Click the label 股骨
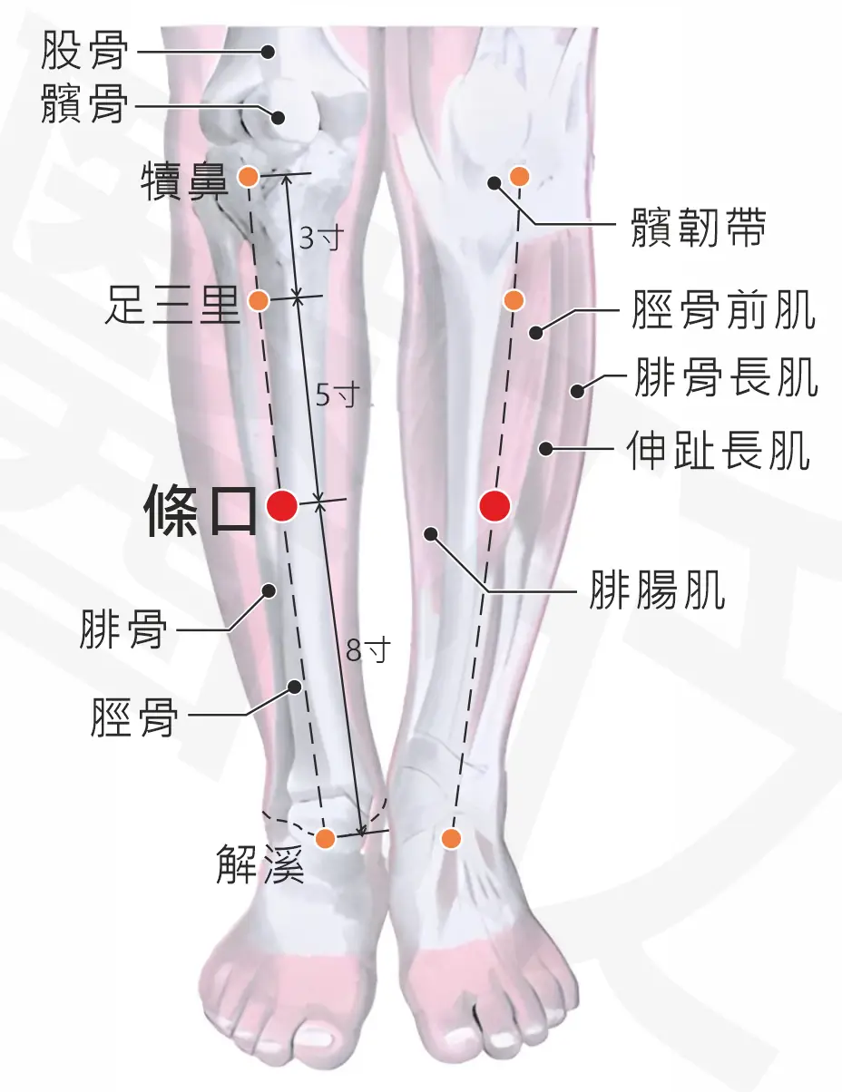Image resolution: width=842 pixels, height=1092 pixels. tap(83, 50)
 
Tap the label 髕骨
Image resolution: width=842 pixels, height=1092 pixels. tap(83, 104)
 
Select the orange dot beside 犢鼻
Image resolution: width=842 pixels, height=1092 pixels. tap(249, 177)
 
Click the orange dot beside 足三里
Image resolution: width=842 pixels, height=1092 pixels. tap(259, 300)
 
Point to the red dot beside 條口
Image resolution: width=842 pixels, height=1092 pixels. tap(282, 505)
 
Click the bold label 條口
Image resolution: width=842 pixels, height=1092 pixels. tap(201, 509)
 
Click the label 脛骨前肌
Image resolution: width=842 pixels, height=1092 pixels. tap(723, 310)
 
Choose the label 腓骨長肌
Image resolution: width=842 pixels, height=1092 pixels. tap(724, 376)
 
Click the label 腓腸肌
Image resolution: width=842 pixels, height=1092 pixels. tap(658, 590)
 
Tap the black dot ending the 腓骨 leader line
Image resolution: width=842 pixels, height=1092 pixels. tap(269, 590)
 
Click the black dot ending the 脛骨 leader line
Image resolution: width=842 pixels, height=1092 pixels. tap(295, 686)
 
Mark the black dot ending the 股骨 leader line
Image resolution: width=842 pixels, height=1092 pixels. tap(269, 52)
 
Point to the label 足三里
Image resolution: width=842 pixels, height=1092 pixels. tap(172, 305)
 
